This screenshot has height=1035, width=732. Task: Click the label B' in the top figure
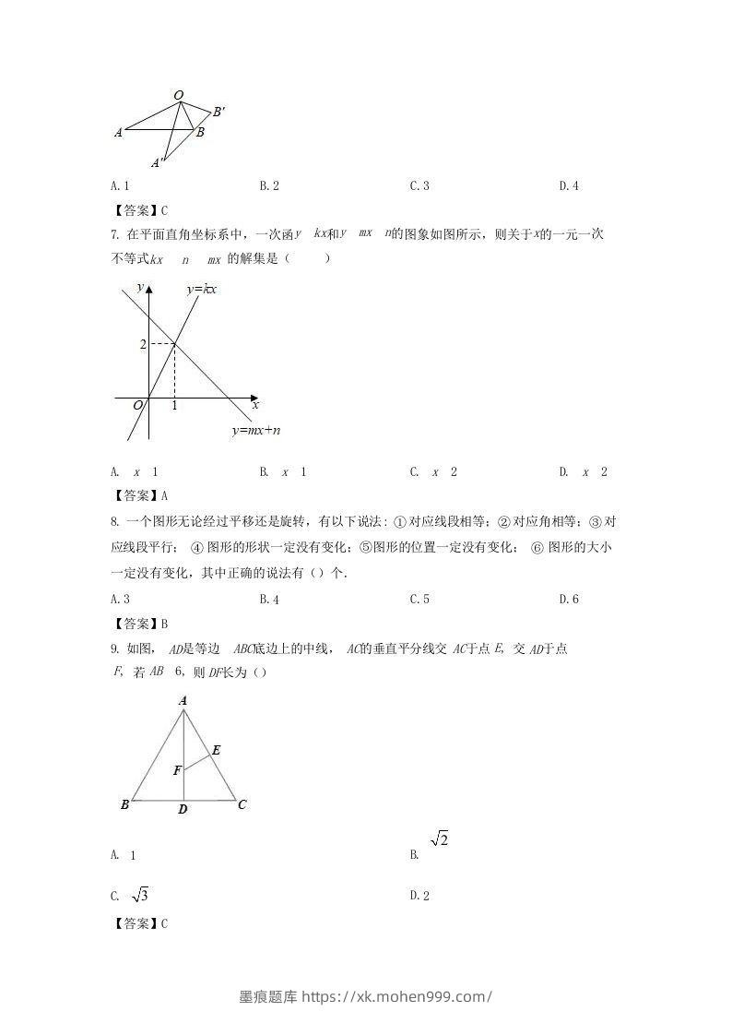point(218,113)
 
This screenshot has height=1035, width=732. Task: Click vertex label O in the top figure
point(178,95)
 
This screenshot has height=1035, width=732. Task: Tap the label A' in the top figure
point(158,163)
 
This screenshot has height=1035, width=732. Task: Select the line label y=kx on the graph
point(201,290)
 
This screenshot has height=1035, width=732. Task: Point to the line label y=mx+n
point(256,431)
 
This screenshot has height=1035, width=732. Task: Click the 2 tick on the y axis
point(143,345)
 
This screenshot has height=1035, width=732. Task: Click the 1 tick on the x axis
point(175,406)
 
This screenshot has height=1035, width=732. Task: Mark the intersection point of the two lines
point(175,345)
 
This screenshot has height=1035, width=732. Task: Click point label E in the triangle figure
point(216,751)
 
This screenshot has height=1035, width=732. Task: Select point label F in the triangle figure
point(176,770)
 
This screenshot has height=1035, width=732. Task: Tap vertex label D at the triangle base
point(183,810)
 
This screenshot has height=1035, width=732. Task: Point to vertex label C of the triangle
point(242,804)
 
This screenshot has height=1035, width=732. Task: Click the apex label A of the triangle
point(183,702)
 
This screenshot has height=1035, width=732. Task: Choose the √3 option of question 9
point(140,895)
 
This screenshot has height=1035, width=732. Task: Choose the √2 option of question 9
point(439,839)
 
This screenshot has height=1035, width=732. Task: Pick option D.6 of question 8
point(569,600)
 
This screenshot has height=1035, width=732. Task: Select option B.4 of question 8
point(269,600)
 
